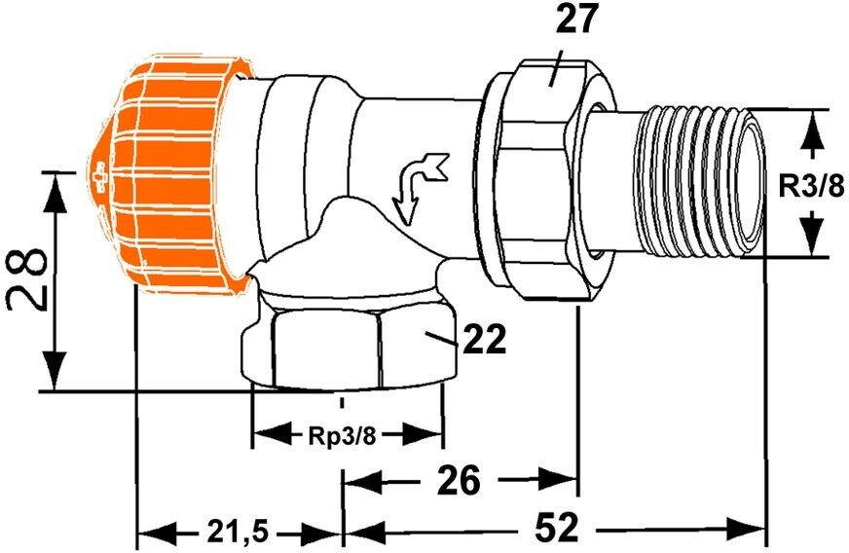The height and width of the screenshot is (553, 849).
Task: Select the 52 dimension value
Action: point(556,530)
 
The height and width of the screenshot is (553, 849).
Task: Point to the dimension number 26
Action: point(457,479)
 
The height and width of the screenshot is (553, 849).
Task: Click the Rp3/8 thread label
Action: point(342,434)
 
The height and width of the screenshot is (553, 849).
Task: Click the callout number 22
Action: point(483,340)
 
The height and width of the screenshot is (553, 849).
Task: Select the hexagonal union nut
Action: point(540,180)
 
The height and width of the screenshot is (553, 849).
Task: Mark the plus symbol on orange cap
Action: point(99,179)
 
